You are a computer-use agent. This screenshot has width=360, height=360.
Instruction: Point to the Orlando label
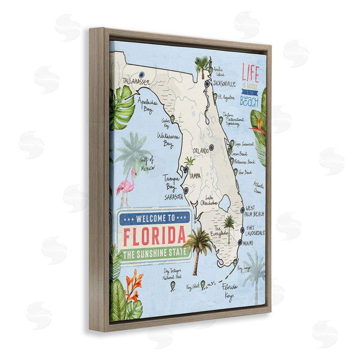click(201, 150)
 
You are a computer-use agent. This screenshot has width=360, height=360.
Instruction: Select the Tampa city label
click(194, 176)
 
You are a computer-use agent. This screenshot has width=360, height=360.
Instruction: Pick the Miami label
click(248, 243)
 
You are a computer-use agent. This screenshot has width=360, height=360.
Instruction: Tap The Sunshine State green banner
click(154, 254)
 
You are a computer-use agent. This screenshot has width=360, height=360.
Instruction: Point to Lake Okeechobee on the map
click(226, 203)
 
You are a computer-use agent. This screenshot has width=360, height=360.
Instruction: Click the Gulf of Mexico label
click(147, 164)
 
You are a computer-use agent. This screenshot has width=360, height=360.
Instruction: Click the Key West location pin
click(203, 284)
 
